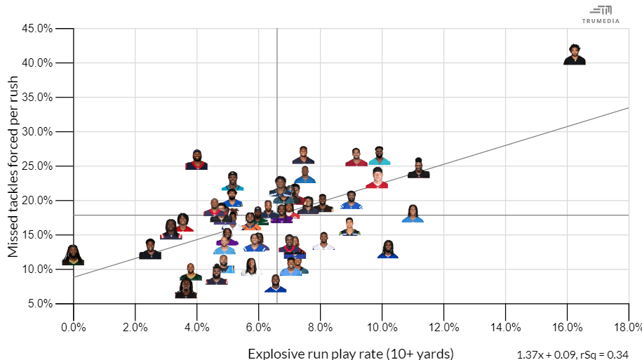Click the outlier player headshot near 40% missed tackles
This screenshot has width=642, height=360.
(575, 54)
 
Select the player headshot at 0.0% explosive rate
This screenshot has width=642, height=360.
(73, 255)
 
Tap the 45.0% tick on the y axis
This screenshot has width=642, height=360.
(36, 29)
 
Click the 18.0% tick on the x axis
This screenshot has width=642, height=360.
(627, 327)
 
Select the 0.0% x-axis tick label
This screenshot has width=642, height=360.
(73, 327)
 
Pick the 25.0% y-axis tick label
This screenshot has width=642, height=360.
(36, 166)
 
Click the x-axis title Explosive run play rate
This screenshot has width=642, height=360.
(350, 352)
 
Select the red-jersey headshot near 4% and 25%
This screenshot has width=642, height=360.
(196, 160)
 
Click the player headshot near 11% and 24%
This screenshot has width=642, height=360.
(418, 168)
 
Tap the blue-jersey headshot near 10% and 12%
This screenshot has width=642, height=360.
(388, 249)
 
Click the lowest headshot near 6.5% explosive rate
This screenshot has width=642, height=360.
(276, 284)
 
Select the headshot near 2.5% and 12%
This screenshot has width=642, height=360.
(150, 249)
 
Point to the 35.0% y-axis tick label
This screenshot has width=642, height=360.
(36, 98)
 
